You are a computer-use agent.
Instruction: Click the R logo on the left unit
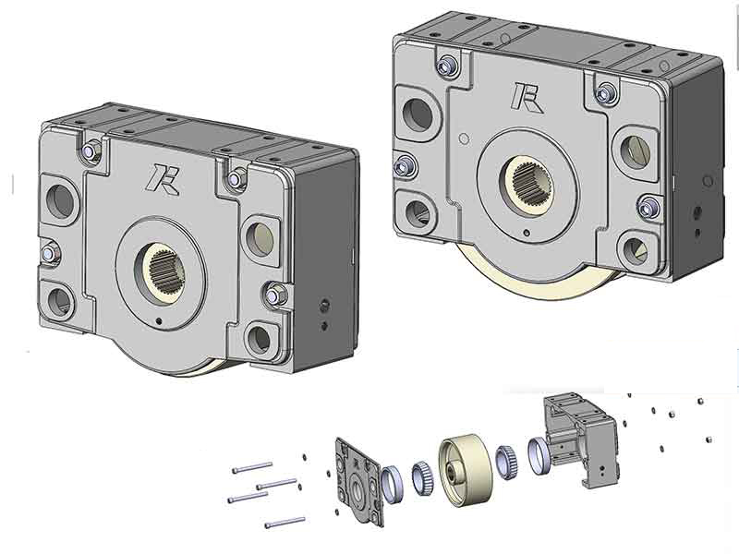163,179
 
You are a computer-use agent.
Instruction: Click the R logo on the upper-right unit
527,98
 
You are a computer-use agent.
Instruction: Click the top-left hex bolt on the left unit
90,151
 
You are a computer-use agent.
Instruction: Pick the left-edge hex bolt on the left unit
50,253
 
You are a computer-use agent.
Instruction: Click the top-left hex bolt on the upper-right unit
445,66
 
